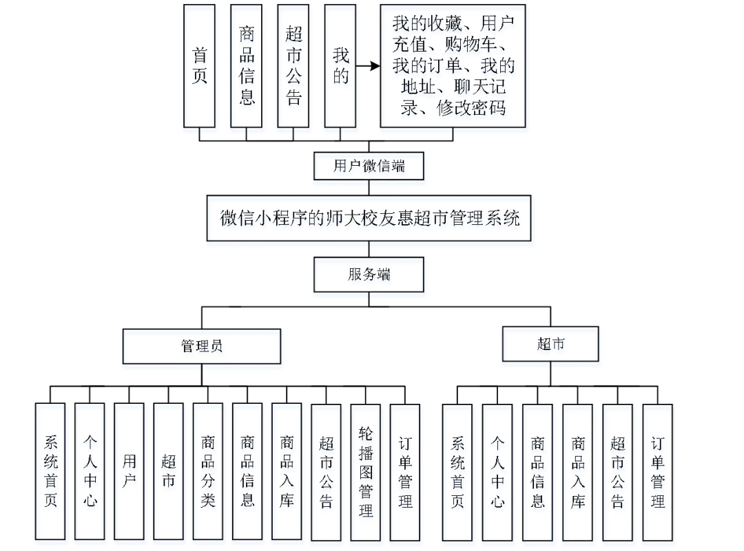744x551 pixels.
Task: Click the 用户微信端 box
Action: tap(369, 167)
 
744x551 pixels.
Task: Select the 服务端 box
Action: tap(369, 276)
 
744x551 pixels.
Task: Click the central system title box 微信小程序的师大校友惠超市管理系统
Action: tap(371, 220)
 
